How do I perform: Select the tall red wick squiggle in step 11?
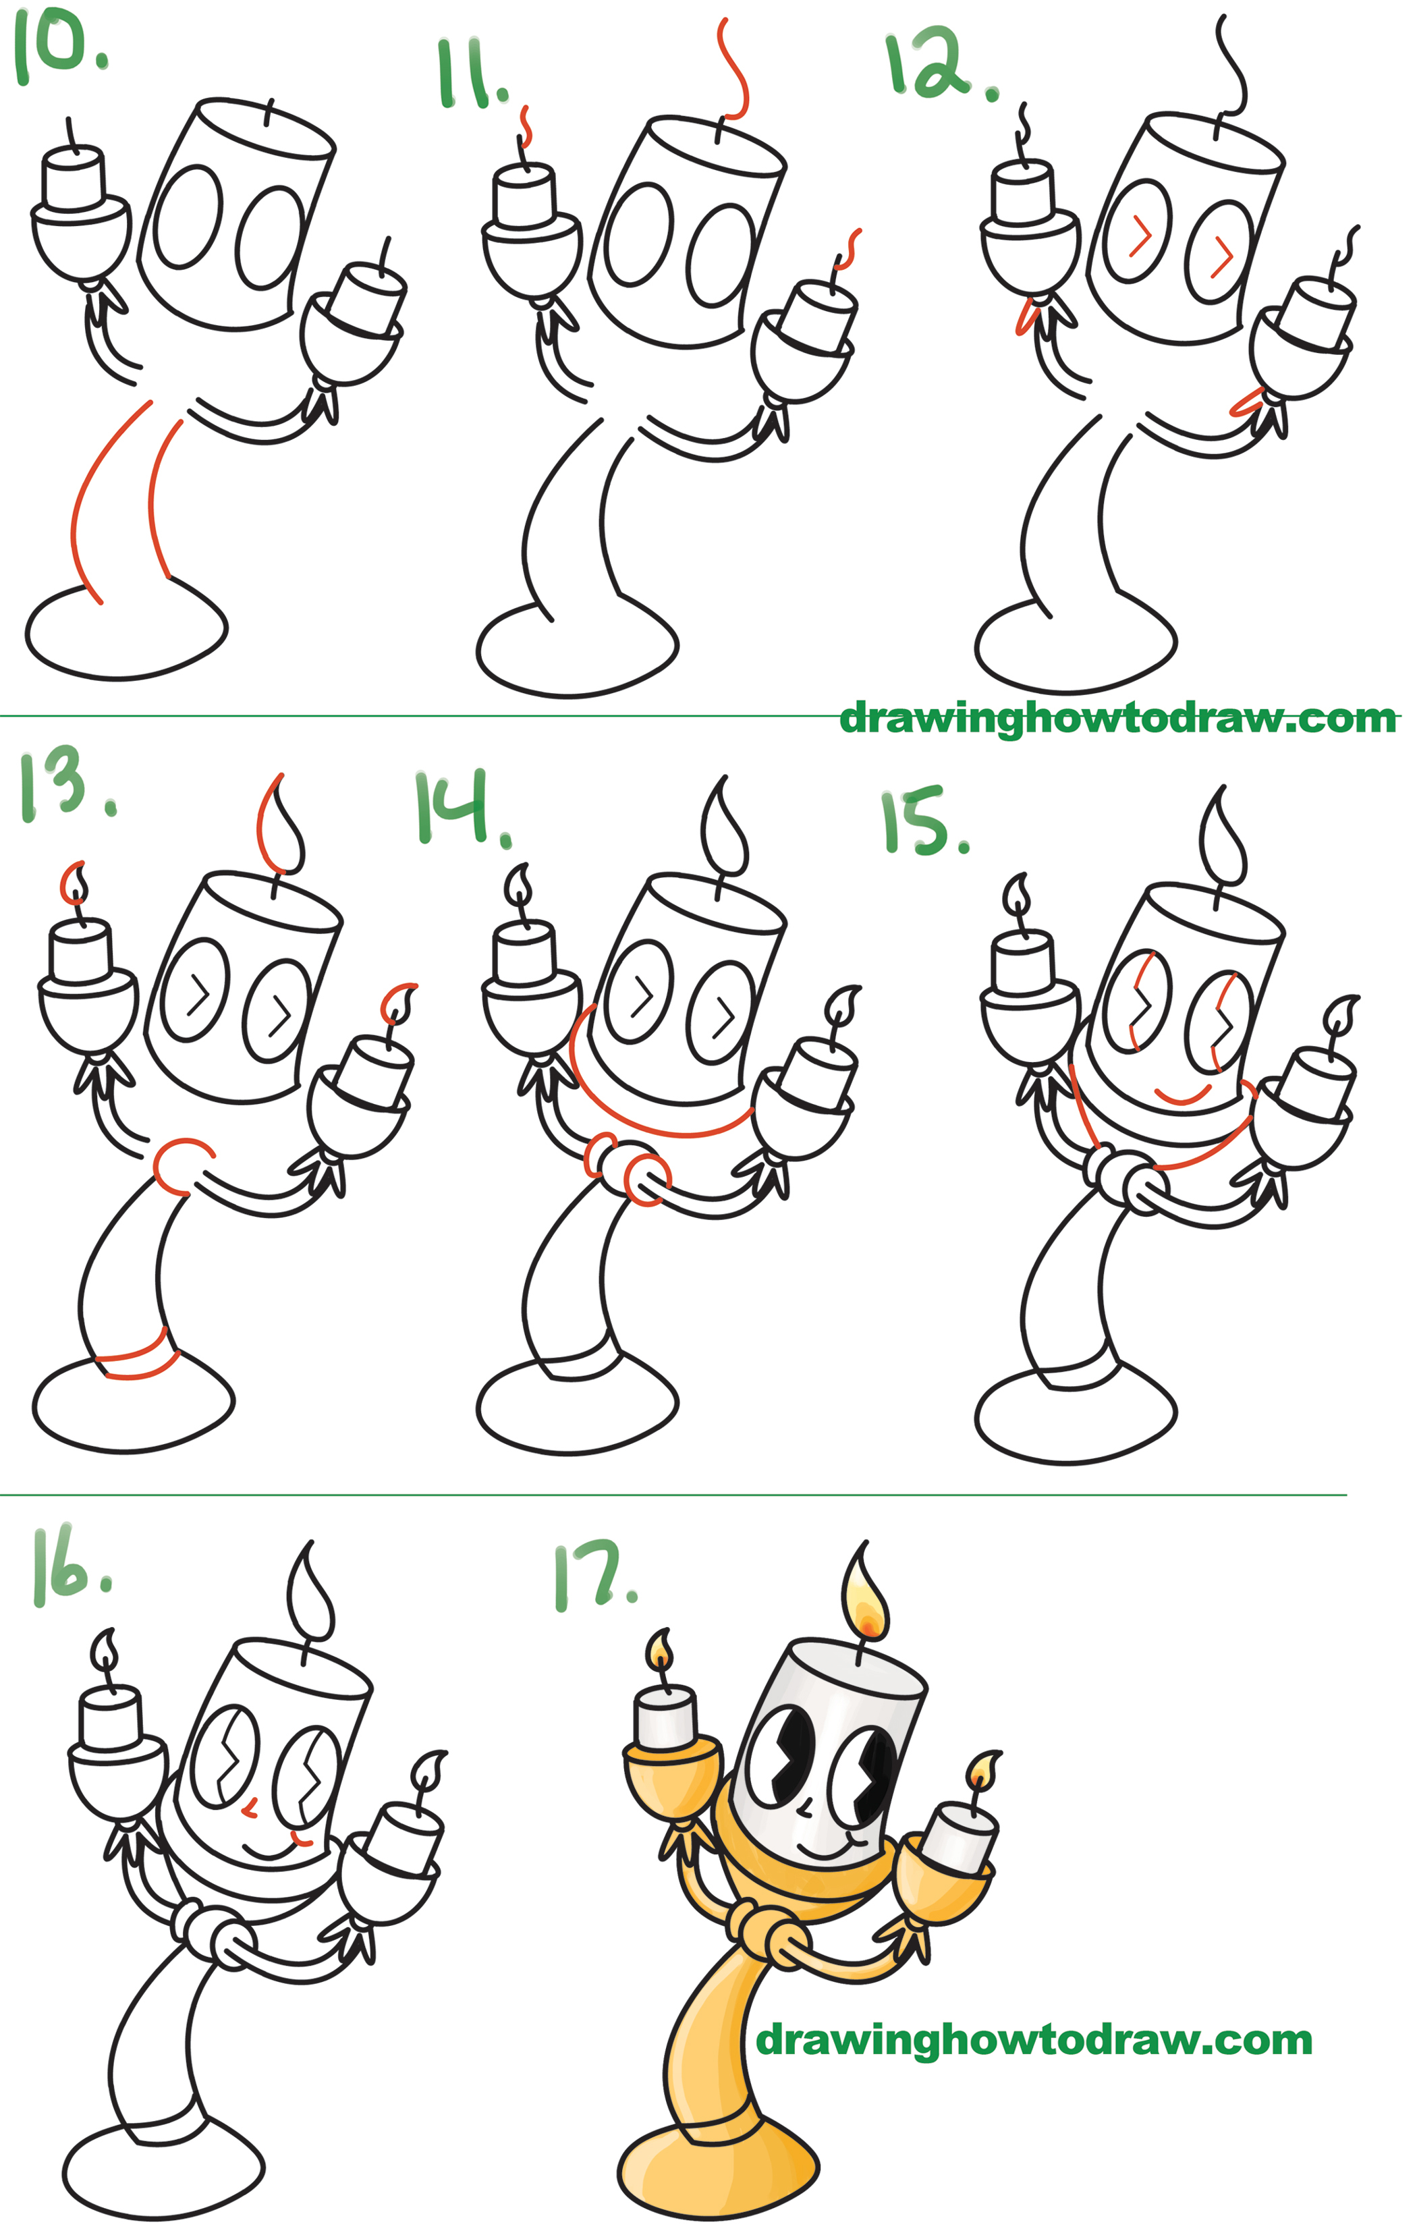tap(734, 69)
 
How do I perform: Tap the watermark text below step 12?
tap(1118, 718)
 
